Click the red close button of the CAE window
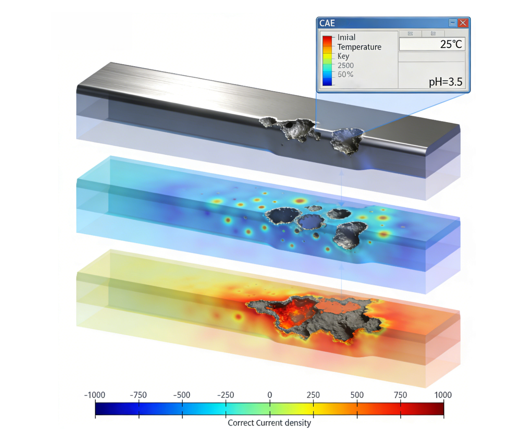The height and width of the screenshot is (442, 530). (x=463, y=23)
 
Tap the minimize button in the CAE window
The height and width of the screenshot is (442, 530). (x=452, y=23)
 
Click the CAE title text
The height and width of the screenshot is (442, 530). (x=327, y=23)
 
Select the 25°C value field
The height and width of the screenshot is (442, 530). (x=432, y=44)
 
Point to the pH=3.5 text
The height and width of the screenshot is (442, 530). (x=445, y=82)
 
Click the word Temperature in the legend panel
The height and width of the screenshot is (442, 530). (x=359, y=47)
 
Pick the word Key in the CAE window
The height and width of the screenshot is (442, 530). (x=343, y=56)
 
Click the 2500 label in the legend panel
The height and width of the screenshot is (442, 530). (x=345, y=65)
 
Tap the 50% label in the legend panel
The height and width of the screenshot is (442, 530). (x=345, y=74)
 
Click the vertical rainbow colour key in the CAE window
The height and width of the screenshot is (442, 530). (x=327, y=61)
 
